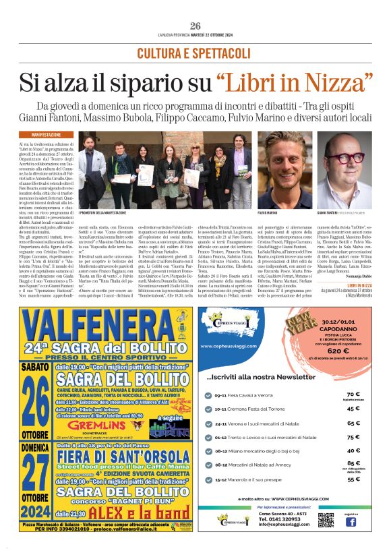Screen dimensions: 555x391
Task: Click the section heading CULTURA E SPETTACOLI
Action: [x=195, y=53]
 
